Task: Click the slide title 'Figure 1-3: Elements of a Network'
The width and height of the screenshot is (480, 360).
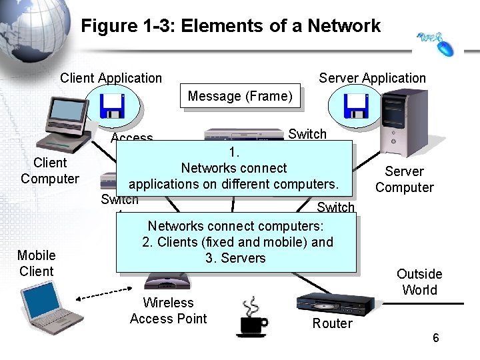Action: pos(231,26)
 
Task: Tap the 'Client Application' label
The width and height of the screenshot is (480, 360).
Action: pos(111,78)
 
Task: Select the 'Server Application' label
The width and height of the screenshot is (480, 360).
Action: pos(372,78)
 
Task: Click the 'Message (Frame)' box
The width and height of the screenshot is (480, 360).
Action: pos(240,97)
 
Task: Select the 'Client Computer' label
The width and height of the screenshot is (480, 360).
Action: pos(50,171)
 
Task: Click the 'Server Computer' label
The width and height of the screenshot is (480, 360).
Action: pos(404,179)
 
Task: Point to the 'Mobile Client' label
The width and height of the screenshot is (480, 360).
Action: pos(37,263)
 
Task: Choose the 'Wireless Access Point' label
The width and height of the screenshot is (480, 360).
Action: pos(169,311)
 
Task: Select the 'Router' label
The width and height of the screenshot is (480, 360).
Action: pos(332,324)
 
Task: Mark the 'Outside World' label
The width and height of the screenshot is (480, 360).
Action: pos(419,281)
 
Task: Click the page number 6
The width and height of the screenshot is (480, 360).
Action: pos(435,338)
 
